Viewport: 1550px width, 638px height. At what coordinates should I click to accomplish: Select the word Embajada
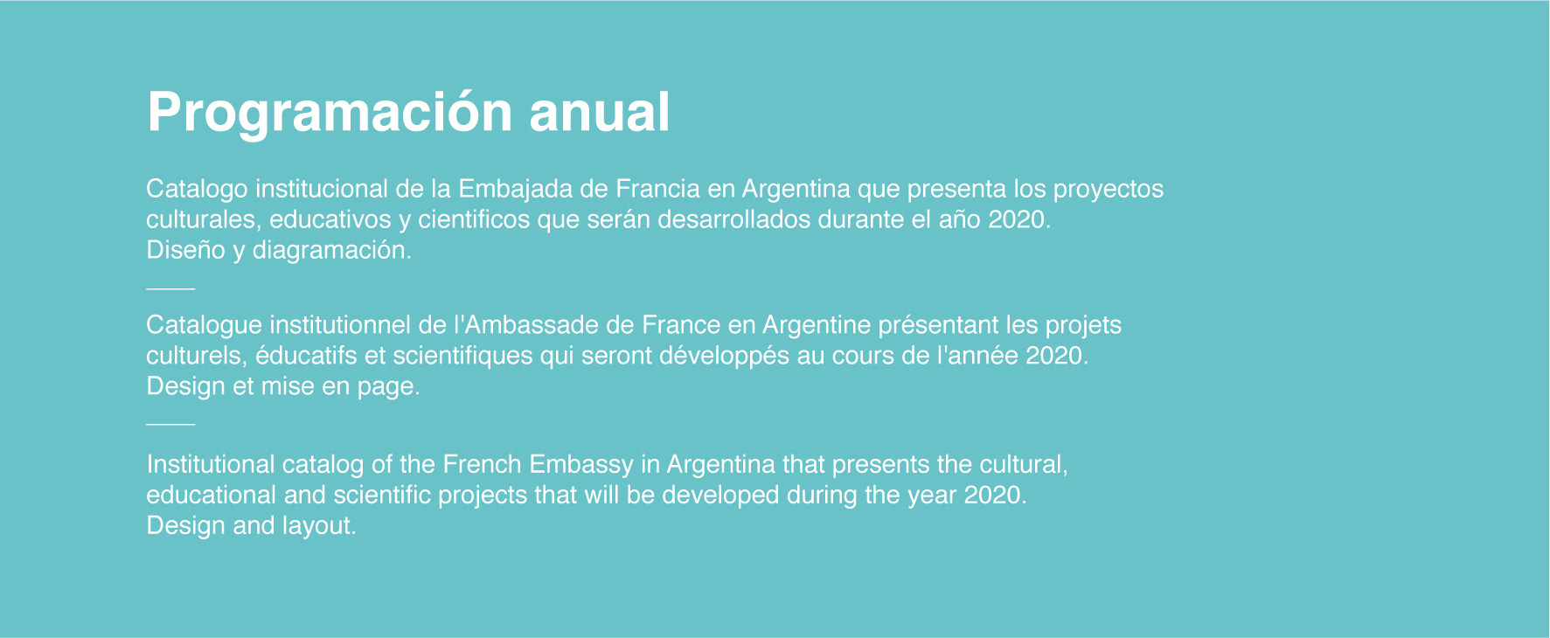pyautogui.click(x=516, y=190)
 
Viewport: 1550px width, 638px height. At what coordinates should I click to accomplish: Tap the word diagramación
pyautogui.click(x=331, y=251)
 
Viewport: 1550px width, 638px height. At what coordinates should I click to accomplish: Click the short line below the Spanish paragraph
pyautogui.click(x=170, y=288)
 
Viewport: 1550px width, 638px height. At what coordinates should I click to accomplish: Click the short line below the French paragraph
pyautogui.click(x=170, y=424)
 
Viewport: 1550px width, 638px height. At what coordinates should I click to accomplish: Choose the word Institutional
pyautogui.click(x=211, y=464)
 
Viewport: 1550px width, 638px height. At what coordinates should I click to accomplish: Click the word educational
pyautogui.click(x=212, y=495)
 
